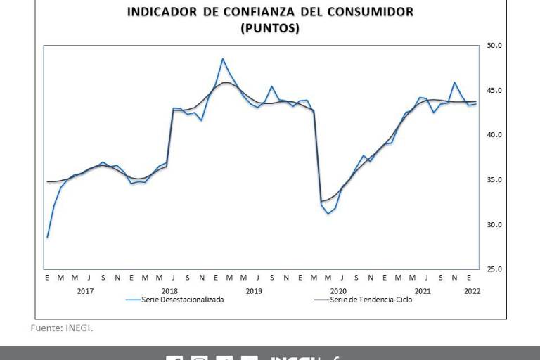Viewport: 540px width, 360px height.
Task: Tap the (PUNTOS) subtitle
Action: coord(270,28)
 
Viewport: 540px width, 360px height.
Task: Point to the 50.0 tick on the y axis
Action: coord(494,46)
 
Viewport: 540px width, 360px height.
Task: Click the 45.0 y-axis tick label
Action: coord(494,91)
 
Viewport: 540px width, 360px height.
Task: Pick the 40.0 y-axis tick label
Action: coord(494,135)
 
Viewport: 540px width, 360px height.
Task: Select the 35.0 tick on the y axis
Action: coord(494,180)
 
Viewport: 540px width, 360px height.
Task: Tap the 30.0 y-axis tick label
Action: coord(494,225)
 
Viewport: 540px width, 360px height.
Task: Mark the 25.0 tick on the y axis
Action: coord(494,269)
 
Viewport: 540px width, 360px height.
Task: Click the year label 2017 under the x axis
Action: coord(85,290)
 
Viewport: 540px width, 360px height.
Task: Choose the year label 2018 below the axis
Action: coord(169,290)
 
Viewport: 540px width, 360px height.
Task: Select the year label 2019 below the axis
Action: coord(254,290)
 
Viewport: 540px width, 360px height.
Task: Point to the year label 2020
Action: coord(338,290)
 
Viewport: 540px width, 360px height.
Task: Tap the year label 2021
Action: coord(423,290)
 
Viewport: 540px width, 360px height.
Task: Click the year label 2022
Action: coord(472,290)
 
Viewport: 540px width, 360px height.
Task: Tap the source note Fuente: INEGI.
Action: coord(62,328)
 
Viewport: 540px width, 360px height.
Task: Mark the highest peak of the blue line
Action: coord(223,59)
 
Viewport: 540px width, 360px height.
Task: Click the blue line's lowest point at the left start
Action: coord(47,238)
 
